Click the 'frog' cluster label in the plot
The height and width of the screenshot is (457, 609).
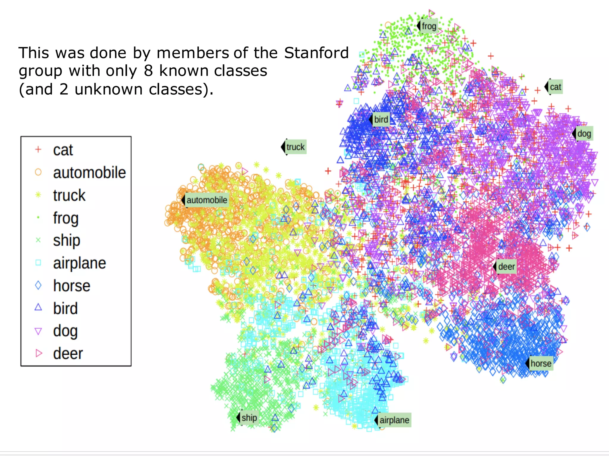429,26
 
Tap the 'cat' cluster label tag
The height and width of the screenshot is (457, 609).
555,87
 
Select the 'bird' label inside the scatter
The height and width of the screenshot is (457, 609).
381,119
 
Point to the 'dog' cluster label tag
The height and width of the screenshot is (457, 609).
583,134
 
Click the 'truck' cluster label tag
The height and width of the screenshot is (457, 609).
295,147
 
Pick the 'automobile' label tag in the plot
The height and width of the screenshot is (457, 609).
206,200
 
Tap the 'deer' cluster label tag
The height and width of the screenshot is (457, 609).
506,267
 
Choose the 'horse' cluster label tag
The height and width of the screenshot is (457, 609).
541,363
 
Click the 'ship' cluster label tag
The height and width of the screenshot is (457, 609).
249,418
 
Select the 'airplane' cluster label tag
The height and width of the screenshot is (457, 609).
394,420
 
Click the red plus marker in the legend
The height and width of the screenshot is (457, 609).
38,149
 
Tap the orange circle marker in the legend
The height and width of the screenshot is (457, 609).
38,172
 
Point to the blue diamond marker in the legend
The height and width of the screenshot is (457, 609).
38,286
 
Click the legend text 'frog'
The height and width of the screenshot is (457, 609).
66,218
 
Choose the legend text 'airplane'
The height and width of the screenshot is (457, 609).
79,263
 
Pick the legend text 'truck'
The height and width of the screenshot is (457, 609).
69,195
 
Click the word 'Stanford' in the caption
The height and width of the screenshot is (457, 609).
316,53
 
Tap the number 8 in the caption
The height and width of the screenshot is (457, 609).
148,71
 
